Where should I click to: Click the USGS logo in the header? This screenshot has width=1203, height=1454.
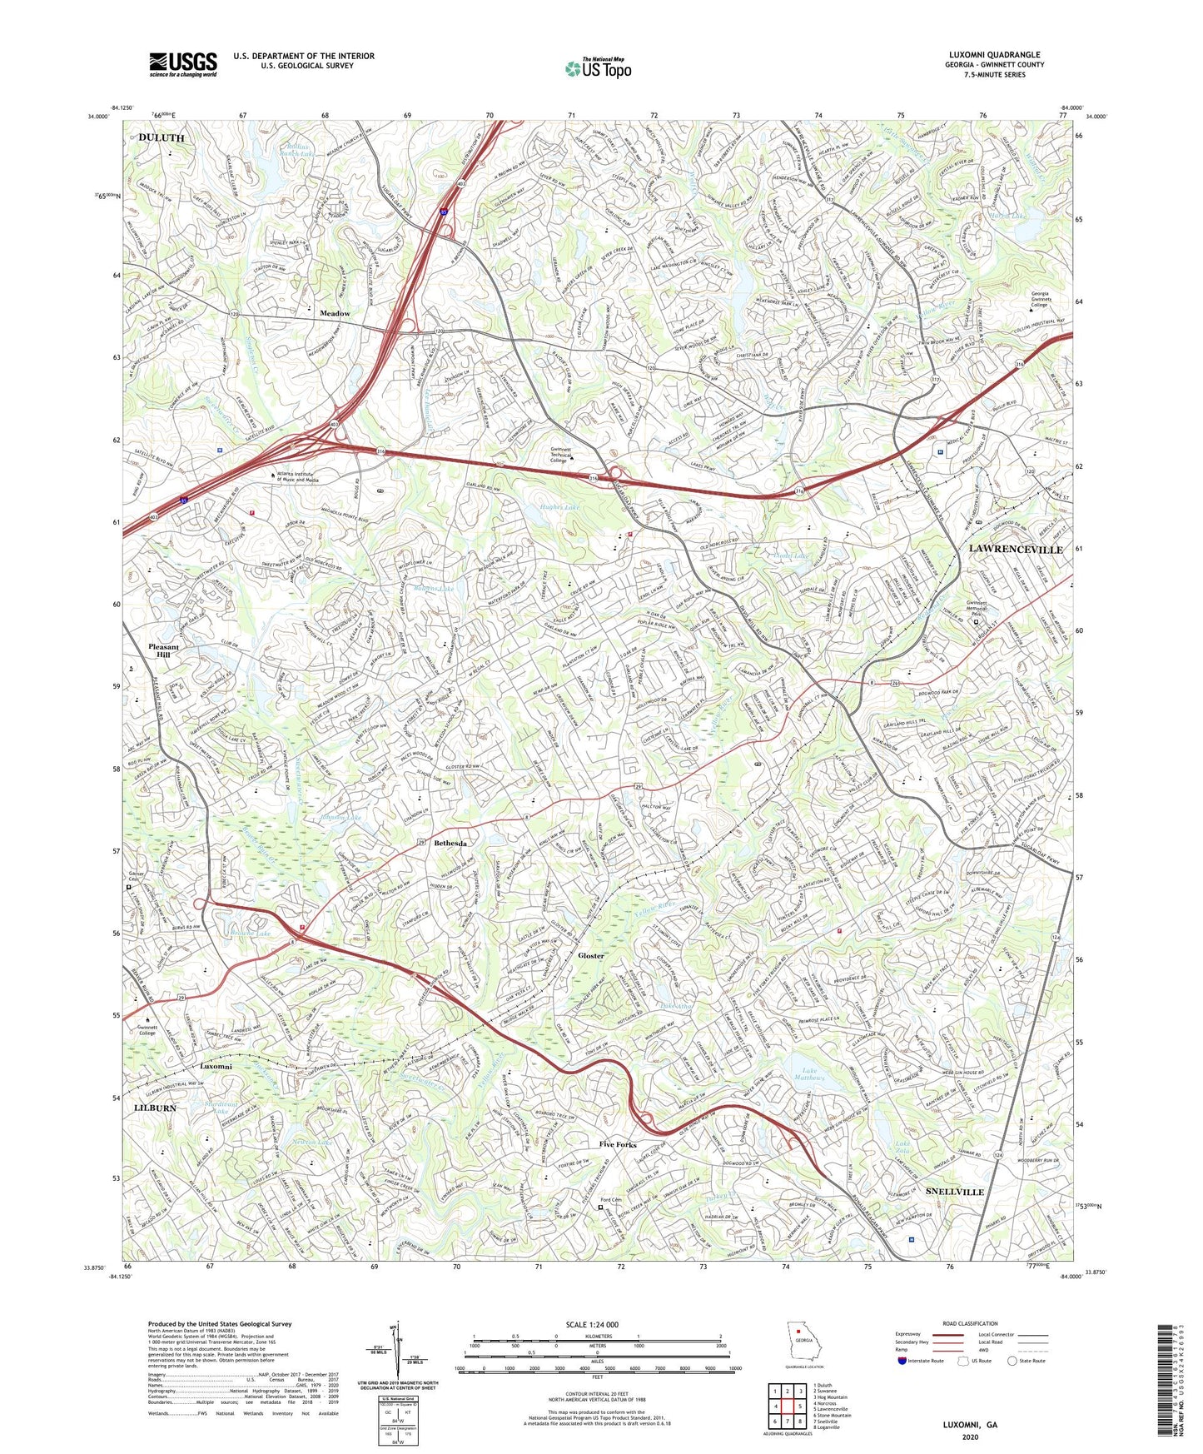click(x=183, y=63)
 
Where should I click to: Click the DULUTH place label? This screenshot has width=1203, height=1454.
click(x=162, y=137)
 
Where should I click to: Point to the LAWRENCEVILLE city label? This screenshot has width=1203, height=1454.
click(x=1015, y=550)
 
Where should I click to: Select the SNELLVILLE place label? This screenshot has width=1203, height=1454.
click(x=955, y=1192)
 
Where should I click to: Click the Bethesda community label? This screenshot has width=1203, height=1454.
click(x=450, y=844)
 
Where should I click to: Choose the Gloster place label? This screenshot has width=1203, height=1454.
click(x=591, y=956)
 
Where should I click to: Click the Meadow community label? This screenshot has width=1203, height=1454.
click(x=335, y=313)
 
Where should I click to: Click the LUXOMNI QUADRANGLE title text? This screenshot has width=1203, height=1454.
click(x=994, y=55)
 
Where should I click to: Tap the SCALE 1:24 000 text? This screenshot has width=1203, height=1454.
click(x=597, y=1325)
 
